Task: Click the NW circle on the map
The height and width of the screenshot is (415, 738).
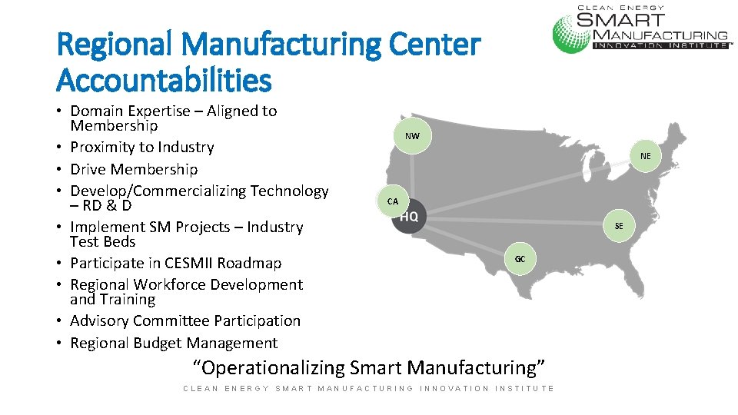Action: click(x=413, y=136)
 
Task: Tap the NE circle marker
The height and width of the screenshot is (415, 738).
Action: click(x=645, y=156)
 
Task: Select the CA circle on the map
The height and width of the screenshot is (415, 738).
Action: click(x=393, y=201)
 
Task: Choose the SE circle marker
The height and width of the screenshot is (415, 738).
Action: click(x=619, y=226)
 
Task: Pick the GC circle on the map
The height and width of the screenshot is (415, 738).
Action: click(x=520, y=259)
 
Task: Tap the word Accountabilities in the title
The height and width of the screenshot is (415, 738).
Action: click(x=165, y=78)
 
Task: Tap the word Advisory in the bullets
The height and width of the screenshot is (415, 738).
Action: click(x=99, y=320)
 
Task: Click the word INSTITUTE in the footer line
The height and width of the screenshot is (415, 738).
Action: click(x=525, y=388)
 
